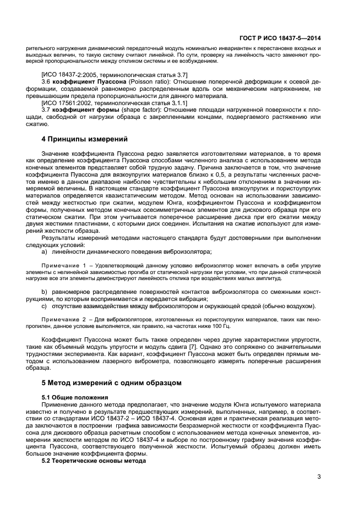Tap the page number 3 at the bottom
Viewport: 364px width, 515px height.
tap(319, 476)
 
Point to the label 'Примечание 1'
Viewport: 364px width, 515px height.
tap(64, 265)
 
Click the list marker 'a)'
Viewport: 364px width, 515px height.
tap(45, 251)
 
